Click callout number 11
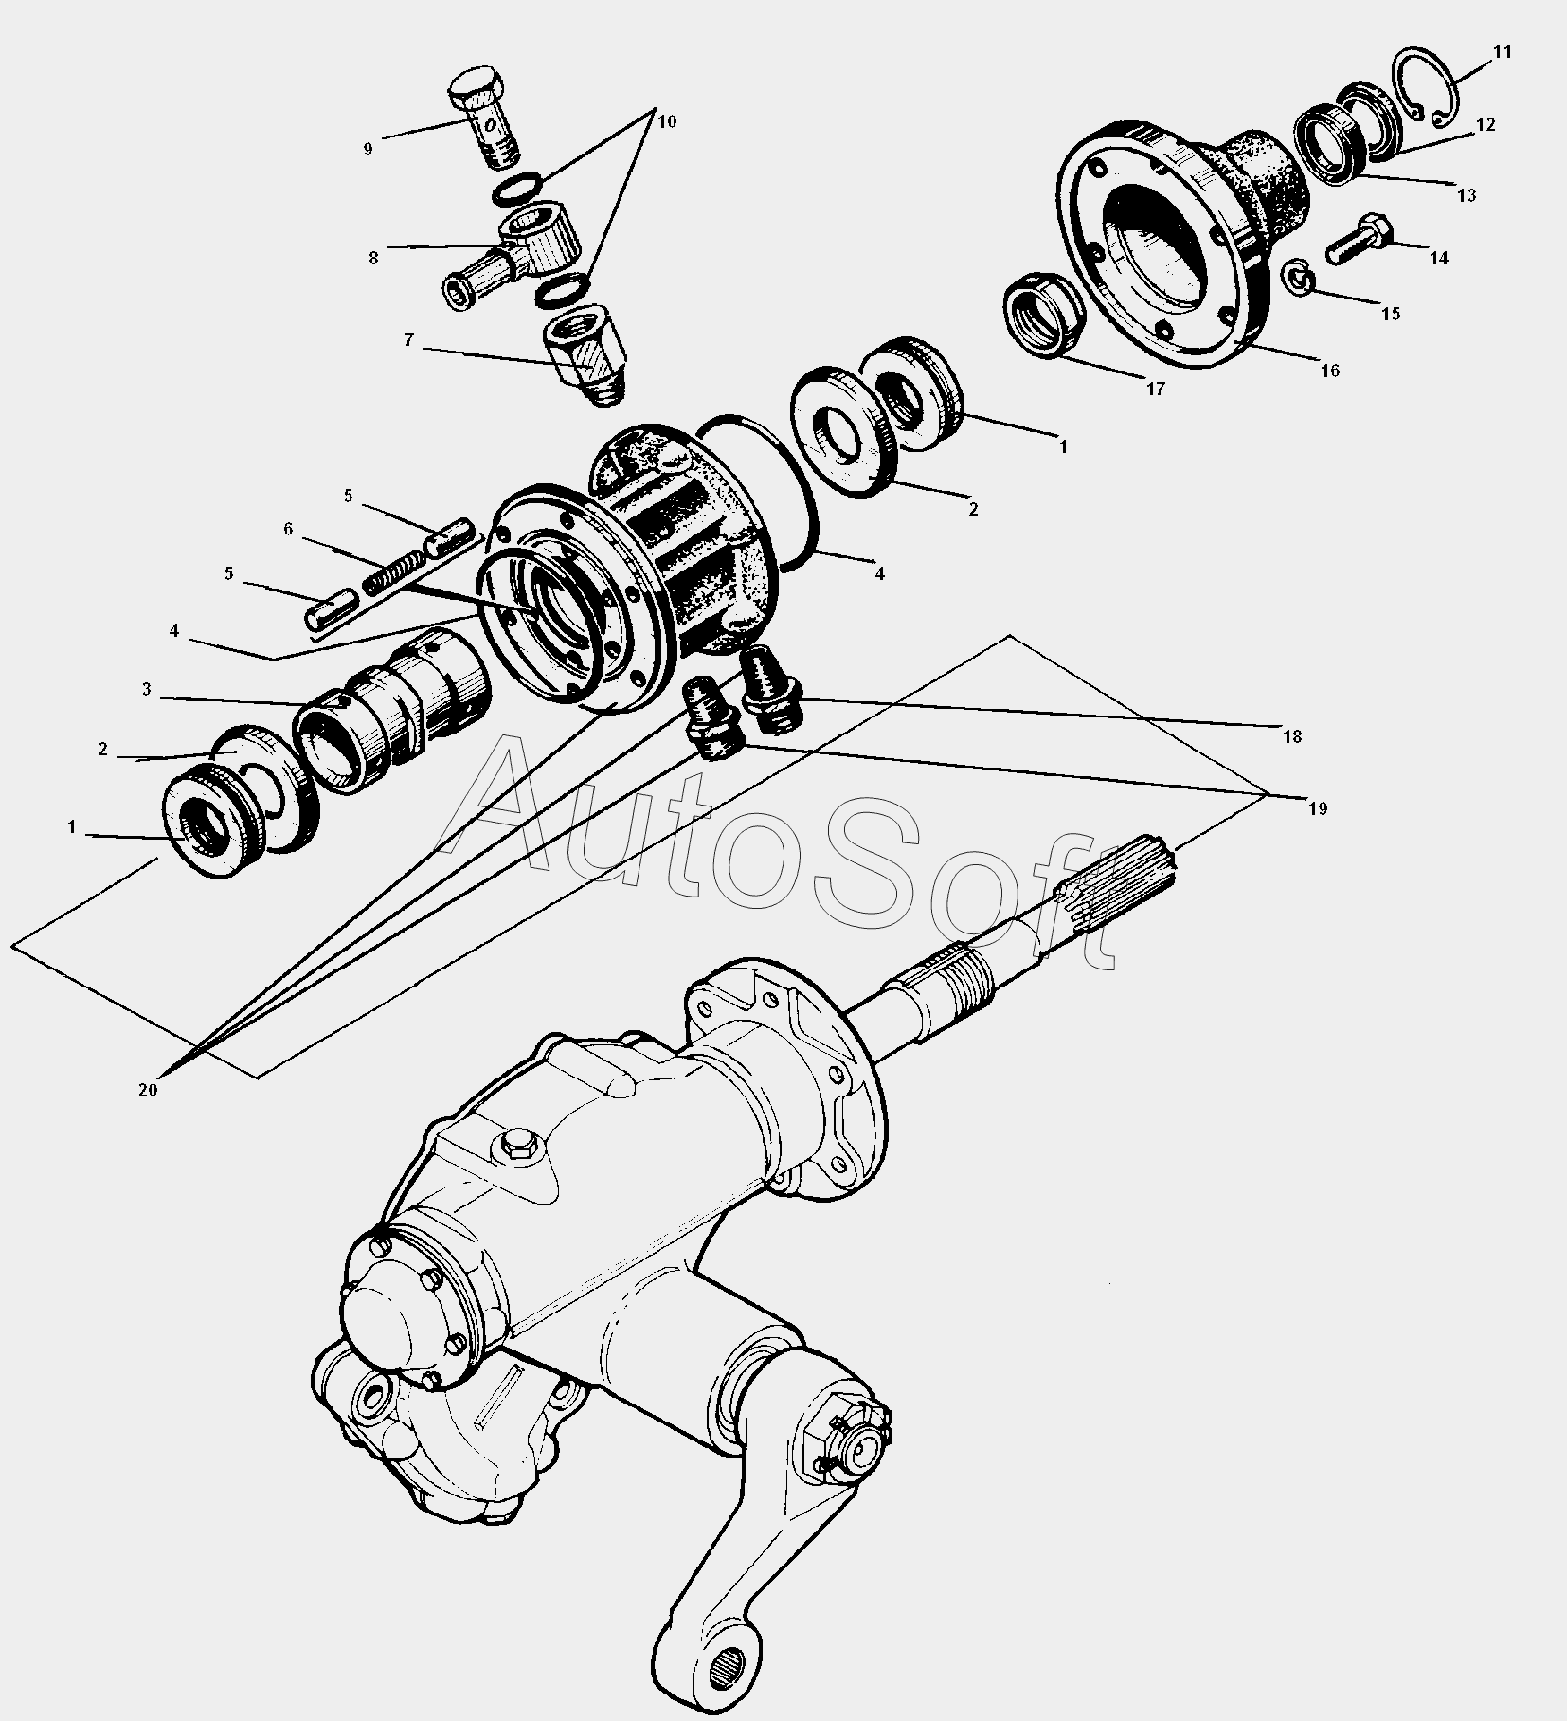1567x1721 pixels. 1503,52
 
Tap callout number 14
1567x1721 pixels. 1439,258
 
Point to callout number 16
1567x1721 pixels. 1330,371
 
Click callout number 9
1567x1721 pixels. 368,149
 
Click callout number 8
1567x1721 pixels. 373,258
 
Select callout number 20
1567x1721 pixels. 148,1090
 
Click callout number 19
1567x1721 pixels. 1319,808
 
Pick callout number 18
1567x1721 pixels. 1292,736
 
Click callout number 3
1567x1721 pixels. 147,690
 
